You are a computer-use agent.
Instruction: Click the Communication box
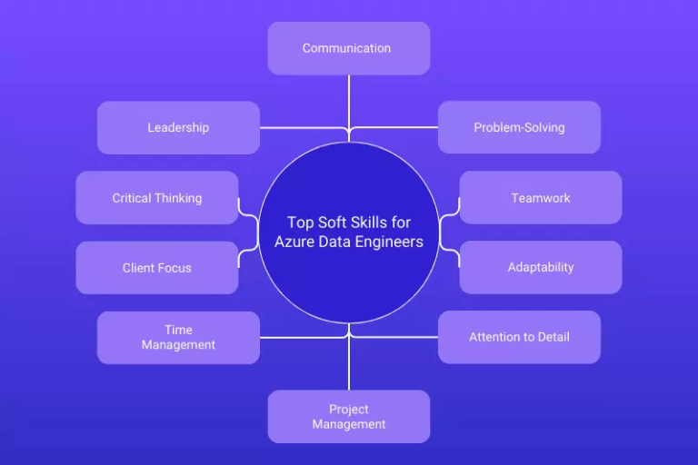pos(348,48)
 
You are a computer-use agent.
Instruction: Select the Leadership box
pos(178,127)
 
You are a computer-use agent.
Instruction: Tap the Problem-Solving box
pos(519,127)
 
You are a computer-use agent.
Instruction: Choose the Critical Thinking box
pos(157,198)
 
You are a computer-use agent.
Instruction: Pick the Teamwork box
pos(541,198)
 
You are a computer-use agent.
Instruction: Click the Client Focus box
pos(157,268)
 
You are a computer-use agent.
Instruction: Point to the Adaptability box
pos(541,268)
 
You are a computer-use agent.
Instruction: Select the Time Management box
pos(178,337)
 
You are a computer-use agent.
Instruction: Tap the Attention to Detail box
pos(519,337)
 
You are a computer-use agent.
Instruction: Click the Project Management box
pos(348,417)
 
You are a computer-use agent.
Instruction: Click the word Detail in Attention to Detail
pos(551,337)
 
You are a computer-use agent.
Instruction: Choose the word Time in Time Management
pos(178,330)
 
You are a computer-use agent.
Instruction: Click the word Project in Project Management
pos(348,410)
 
